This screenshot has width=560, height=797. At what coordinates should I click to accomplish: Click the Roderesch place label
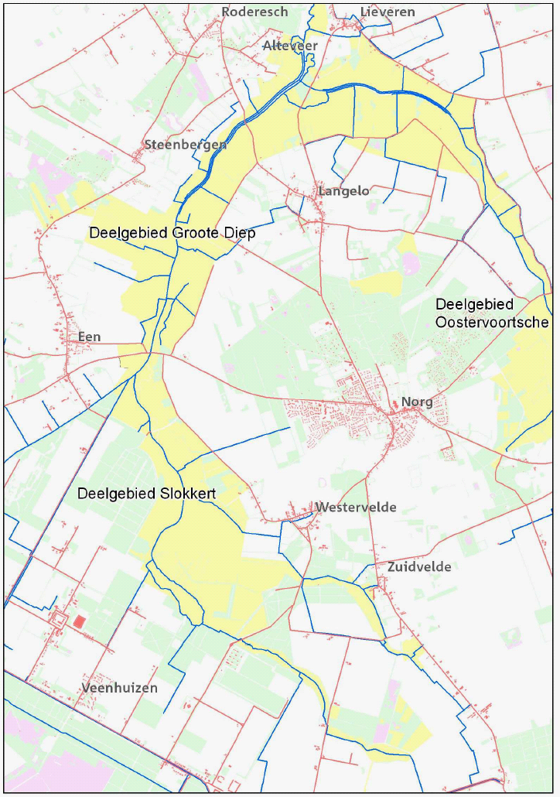point(254,12)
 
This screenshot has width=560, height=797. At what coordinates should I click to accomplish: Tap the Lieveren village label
point(388,12)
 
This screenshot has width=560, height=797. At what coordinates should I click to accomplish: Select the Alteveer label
point(290,46)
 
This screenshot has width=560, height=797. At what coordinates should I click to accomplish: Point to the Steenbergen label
point(186,145)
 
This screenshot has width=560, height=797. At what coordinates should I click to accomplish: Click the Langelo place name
point(343,190)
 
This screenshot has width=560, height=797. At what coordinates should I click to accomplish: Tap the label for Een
point(89,337)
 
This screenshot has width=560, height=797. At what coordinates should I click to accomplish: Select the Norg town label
point(417,402)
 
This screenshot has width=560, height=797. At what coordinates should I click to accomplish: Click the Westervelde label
point(356,508)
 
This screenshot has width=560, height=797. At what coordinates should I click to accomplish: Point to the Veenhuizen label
point(119,688)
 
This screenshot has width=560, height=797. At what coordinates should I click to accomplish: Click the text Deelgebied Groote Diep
point(172,233)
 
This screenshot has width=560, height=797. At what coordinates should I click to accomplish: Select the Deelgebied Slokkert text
point(145,494)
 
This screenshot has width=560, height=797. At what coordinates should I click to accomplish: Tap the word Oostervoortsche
point(492,322)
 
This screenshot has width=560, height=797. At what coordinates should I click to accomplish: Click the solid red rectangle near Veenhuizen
point(80,621)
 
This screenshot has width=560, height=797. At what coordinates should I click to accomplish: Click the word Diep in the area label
point(241,233)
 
